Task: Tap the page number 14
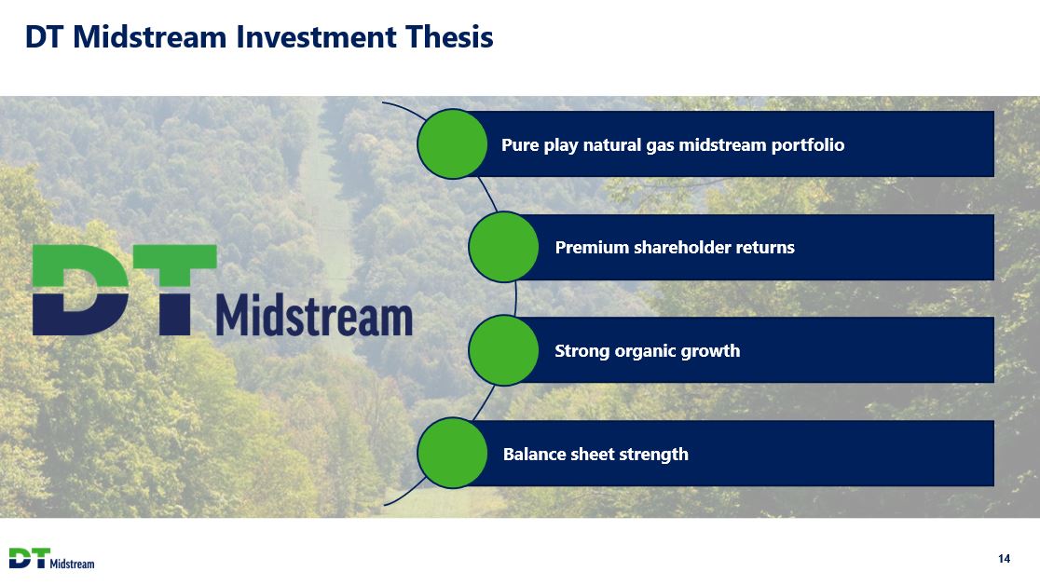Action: pos(1004,559)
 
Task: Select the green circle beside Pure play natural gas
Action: pos(452,144)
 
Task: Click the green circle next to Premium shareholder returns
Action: pos(503,247)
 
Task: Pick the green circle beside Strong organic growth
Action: pos(503,350)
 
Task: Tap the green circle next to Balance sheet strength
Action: pos(452,453)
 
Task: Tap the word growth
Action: pos(706,351)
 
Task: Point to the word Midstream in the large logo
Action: pos(314,315)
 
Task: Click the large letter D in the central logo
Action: pos(80,290)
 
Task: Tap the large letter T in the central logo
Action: pos(175,290)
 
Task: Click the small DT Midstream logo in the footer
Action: pos(52,559)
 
